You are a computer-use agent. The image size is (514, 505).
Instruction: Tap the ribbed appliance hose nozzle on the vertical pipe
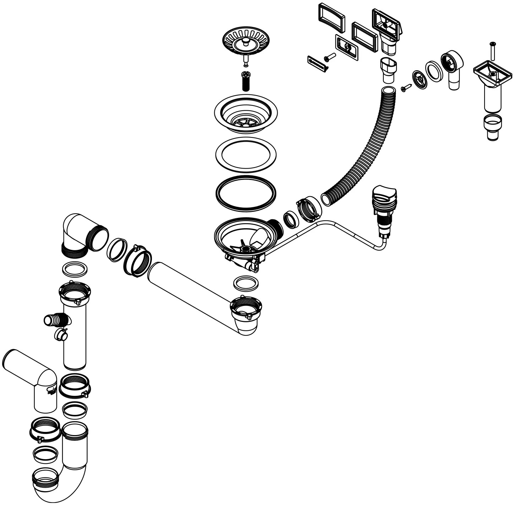[56, 319]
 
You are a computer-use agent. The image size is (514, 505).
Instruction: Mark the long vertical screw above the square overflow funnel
[492, 50]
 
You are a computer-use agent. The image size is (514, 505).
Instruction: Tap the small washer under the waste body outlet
[246, 283]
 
